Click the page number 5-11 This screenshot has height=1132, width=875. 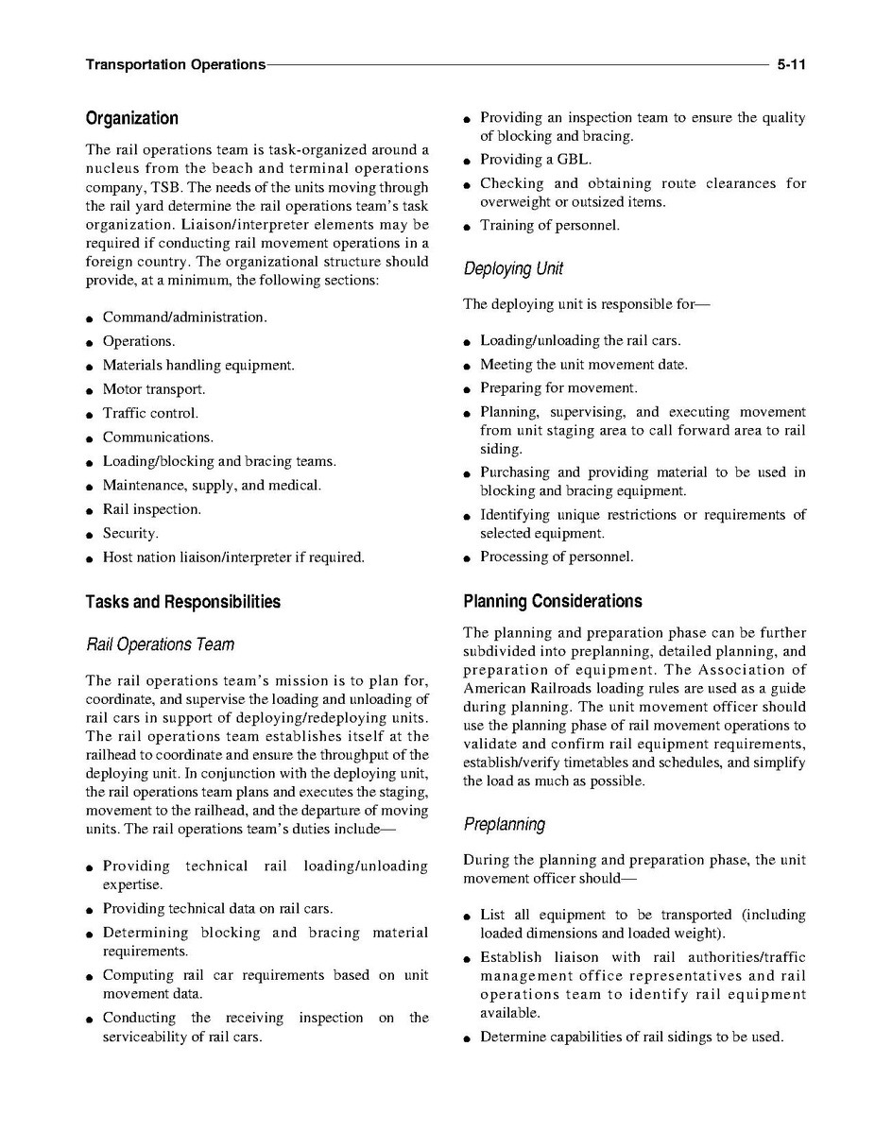click(x=791, y=65)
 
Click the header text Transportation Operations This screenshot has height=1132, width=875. click(x=175, y=65)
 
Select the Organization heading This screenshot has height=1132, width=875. click(x=131, y=119)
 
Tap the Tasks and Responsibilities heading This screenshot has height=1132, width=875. click(x=182, y=602)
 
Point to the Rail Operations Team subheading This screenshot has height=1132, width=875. click(x=160, y=644)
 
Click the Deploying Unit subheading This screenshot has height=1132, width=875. click(x=513, y=269)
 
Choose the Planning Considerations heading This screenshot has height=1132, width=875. click(x=552, y=602)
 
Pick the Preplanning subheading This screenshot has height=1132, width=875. click(x=504, y=824)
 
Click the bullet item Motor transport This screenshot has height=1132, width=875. click(x=153, y=389)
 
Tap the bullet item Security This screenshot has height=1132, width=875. click(x=130, y=534)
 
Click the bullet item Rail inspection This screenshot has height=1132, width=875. click(x=151, y=509)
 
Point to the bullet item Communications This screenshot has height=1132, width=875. click(x=158, y=437)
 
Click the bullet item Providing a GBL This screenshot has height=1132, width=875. click(x=536, y=160)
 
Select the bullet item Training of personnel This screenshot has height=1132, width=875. click(x=550, y=226)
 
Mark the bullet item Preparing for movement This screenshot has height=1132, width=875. click(x=558, y=388)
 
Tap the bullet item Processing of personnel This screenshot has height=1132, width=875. click(x=557, y=557)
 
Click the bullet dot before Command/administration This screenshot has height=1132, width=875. click(x=88, y=318)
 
